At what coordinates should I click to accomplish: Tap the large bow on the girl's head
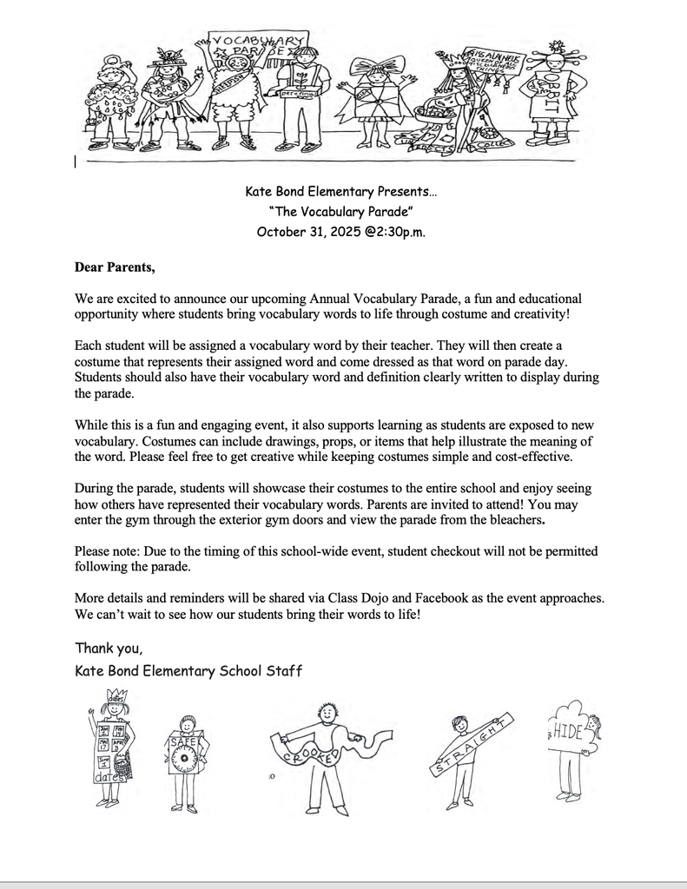[377, 66]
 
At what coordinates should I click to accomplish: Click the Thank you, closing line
[109, 648]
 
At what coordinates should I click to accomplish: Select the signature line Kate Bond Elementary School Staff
[188, 670]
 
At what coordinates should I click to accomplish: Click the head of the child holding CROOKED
[327, 714]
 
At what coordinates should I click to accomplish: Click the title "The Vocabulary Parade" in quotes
[341, 211]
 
